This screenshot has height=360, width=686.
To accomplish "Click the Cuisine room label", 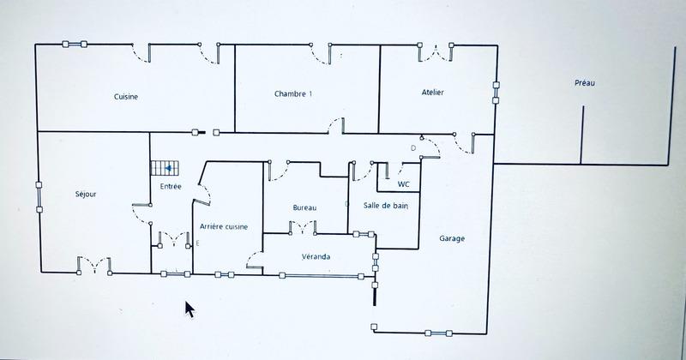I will [x=126, y=97].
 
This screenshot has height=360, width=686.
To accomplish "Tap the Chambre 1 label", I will [x=292, y=93].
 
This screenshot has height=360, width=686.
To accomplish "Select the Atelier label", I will [x=432, y=92].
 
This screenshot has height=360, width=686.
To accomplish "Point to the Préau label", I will [x=585, y=83].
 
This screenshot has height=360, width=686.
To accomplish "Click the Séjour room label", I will [x=86, y=195].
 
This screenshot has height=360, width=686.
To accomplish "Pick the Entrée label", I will [x=170, y=186].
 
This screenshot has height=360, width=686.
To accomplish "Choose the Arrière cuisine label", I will [x=224, y=226].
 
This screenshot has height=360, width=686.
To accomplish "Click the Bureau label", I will [x=304, y=207].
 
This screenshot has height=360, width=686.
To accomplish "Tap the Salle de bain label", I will [x=384, y=206].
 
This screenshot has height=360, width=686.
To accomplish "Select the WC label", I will [x=404, y=183].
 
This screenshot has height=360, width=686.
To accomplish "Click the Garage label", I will [x=452, y=238].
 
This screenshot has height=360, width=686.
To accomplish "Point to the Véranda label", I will [x=316, y=256].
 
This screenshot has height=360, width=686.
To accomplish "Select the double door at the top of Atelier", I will [x=435, y=52].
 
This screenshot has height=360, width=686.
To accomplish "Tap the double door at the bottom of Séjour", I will [x=93, y=263].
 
